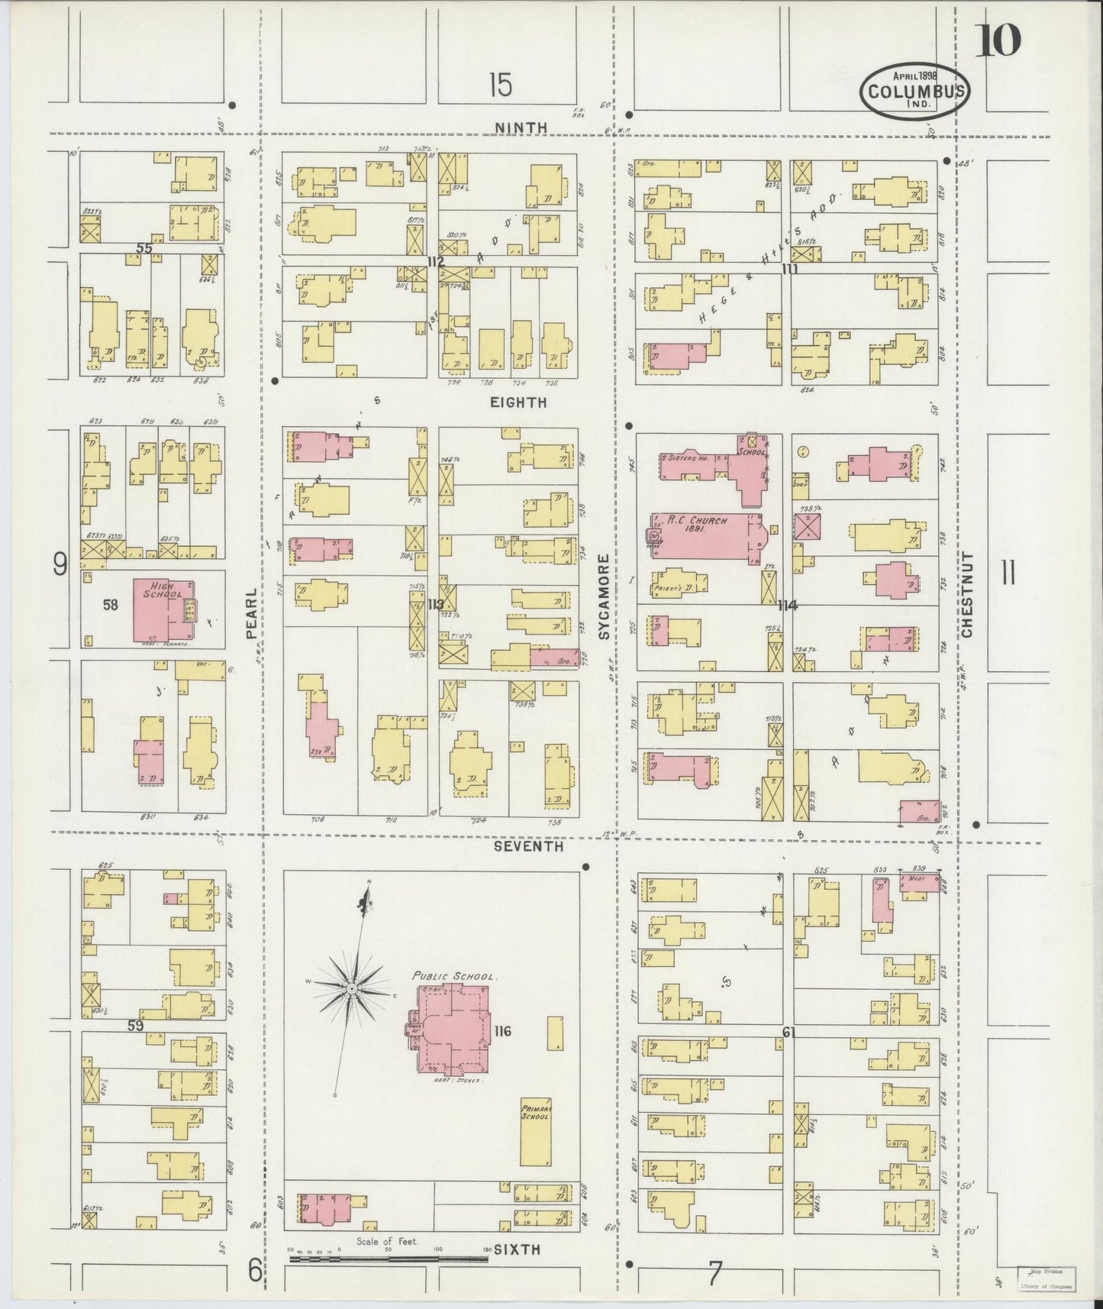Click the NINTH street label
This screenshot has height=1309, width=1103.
[x=521, y=128]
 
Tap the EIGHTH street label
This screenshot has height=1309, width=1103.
[x=519, y=402]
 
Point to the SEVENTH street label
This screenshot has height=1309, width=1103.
[x=527, y=846]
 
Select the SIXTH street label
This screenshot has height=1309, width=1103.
[x=517, y=1249]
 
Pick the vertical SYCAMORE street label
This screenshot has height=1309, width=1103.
[x=604, y=598]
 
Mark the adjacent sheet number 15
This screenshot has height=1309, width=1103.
[x=500, y=84]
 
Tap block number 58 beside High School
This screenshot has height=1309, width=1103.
[x=111, y=605]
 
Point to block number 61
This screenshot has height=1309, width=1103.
[x=789, y=1033]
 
